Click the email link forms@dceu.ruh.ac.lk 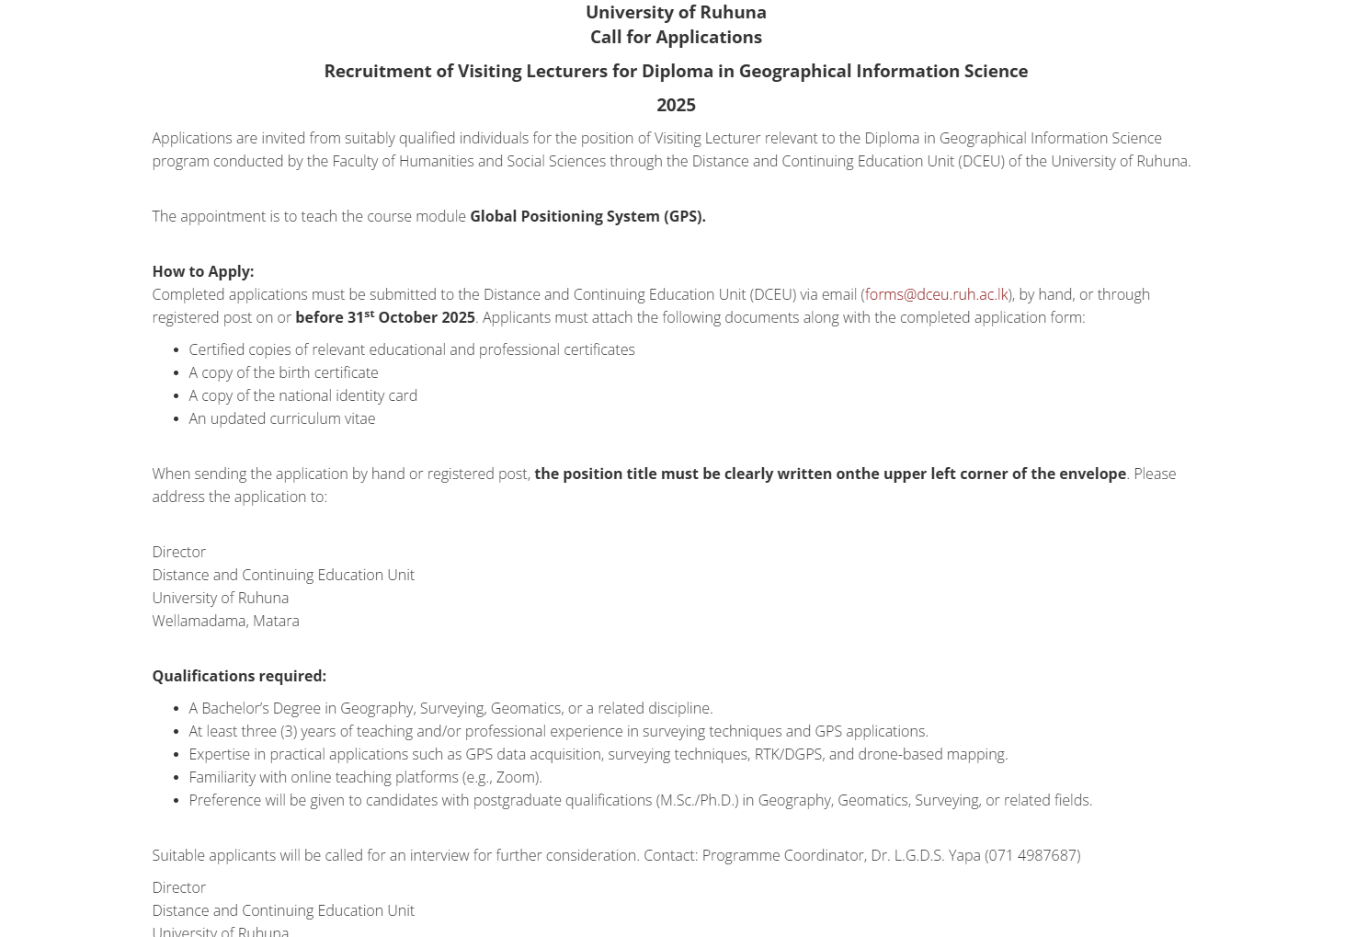click(x=936, y=294)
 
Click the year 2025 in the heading click(x=676, y=105)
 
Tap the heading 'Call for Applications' click(x=676, y=37)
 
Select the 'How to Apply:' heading click(x=203, y=271)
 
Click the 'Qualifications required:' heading click(x=239, y=676)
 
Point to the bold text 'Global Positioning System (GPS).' click(x=587, y=216)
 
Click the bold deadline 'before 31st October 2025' click(x=385, y=317)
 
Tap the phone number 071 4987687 click(x=1032, y=855)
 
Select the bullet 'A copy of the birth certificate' click(x=283, y=372)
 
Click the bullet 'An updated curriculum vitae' click(x=282, y=418)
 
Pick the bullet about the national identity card click(x=302, y=395)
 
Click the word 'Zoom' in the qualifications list click(x=517, y=777)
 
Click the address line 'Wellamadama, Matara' click(x=225, y=621)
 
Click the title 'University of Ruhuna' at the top click(x=676, y=12)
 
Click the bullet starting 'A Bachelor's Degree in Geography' click(x=450, y=708)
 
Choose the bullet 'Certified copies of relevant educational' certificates click(x=412, y=349)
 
